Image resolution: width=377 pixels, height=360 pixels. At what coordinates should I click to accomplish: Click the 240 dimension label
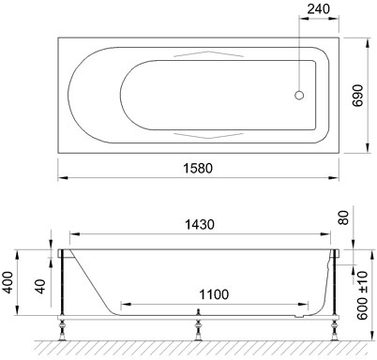click(318, 8)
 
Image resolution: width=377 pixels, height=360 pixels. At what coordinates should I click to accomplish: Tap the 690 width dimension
click(357, 96)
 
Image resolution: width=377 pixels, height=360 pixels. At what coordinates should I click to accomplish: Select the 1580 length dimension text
click(198, 169)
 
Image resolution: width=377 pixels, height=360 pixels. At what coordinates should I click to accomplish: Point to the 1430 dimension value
click(200, 224)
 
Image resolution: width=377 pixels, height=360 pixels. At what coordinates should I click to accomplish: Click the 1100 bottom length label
click(214, 294)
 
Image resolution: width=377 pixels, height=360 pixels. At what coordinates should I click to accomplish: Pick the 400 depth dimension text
click(8, 282)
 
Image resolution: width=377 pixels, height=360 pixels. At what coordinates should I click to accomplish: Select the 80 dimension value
click(343, 217)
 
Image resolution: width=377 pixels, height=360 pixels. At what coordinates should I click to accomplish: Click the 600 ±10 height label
click(362, 295)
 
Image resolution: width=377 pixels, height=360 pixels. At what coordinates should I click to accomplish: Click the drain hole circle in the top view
click(299, 95)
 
